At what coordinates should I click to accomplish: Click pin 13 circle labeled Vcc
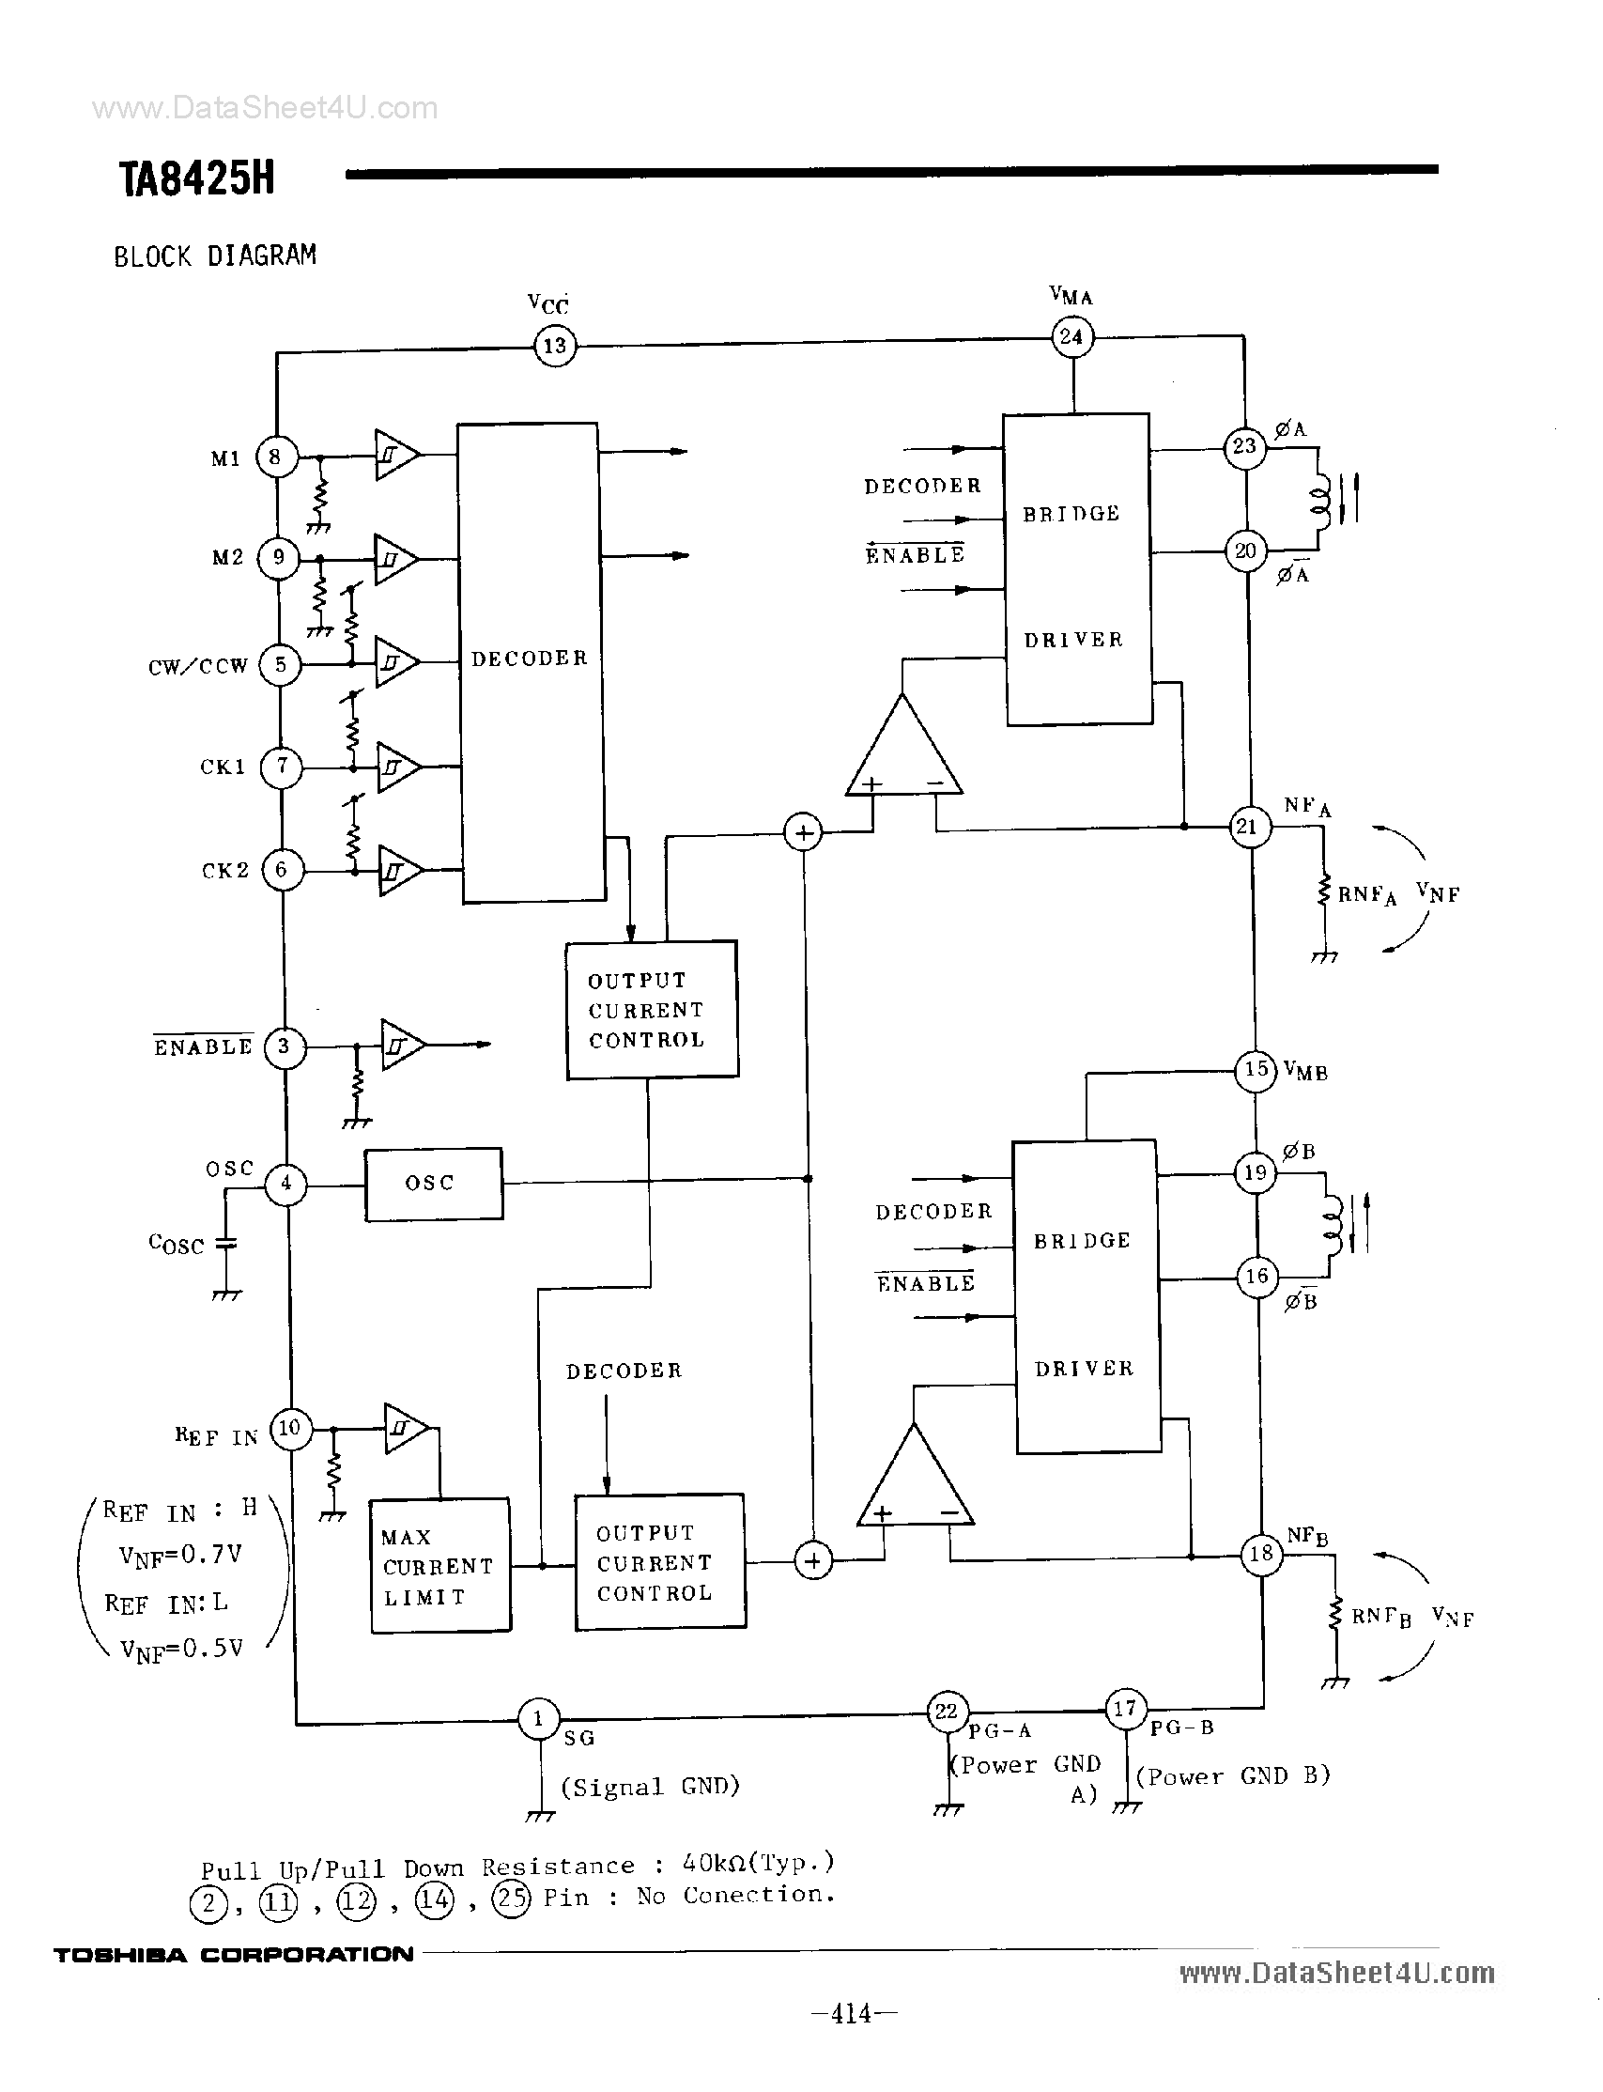pos(554,346)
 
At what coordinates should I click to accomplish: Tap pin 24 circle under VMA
pos(1071,337)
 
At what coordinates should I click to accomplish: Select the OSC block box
pos(433,1184)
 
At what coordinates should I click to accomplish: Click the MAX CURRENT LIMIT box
pos(439,1566)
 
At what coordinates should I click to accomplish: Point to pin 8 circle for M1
pos(276,457)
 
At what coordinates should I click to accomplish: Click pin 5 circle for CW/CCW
pos(281,664)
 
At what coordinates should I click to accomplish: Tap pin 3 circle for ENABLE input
pos(284,1047)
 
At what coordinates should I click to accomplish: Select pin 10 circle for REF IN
pos(290,1429)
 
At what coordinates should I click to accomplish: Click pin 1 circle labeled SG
pos(538,1720)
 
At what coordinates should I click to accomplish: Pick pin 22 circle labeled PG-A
pos(947,1712)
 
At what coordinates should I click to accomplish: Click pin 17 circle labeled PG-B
pos(1125,1708)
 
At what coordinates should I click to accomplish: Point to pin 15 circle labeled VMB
pos(1256,1068)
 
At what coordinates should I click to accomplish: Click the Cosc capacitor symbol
pos(226,1244)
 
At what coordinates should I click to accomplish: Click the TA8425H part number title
pos(196,178)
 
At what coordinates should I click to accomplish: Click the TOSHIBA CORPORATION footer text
pos(234,1955)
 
